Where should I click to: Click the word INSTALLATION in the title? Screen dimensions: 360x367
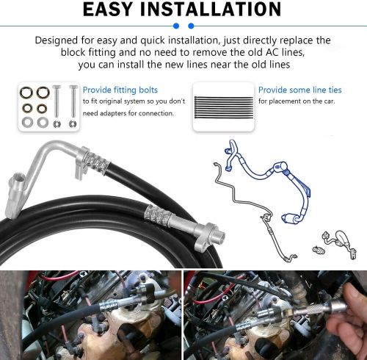coord(218,10)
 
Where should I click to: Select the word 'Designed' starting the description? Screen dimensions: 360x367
coord(58,39)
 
